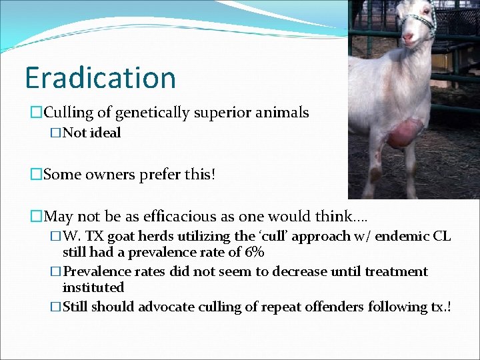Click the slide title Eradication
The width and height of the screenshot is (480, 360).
point(100,77)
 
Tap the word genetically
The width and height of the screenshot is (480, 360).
point(146,113)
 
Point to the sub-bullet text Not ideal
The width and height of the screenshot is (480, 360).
point(91,133)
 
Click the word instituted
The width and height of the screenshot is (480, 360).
point(93,287)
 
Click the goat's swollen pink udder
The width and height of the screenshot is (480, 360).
point(405,133)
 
